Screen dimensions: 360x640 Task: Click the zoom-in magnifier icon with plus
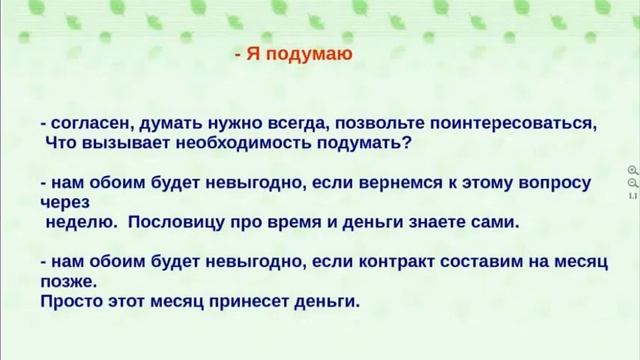click(632, 171)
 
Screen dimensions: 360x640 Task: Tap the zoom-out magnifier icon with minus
click(632, 183)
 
